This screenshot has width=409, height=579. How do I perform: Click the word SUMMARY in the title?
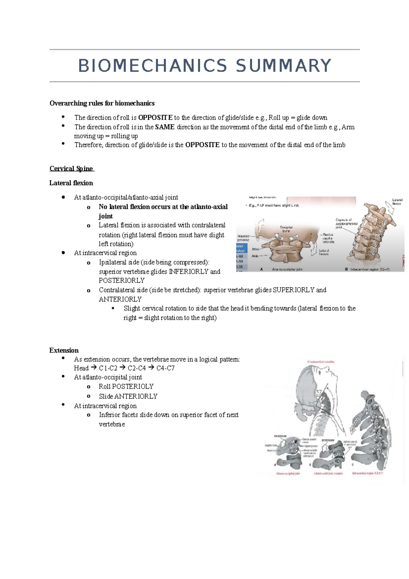284,65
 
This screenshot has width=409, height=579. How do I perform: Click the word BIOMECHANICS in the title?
152,65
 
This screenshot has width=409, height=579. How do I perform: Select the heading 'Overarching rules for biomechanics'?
102,103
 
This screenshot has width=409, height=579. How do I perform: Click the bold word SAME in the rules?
165,127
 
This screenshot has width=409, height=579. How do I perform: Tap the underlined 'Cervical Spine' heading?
71,168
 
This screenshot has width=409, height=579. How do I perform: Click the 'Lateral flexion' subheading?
71,183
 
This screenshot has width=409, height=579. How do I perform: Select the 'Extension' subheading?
64,350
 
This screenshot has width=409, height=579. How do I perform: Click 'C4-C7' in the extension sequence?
165,368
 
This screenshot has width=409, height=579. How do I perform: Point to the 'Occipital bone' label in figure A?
286,229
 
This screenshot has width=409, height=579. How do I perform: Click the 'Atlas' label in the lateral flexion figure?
256,249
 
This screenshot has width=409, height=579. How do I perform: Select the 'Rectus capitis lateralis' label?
328,238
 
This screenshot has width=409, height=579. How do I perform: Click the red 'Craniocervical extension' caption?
321,361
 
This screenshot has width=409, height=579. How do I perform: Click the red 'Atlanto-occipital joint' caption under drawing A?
288,473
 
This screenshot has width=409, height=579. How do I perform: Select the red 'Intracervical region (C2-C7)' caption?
367,473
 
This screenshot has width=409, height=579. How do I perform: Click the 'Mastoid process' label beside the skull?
243,238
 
